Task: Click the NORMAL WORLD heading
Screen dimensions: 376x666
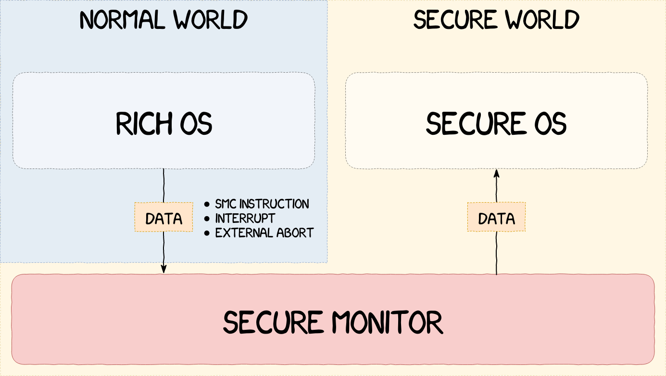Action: click(163, 20)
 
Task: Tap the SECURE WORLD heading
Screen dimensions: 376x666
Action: click(496, 20)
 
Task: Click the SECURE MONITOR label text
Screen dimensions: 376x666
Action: click(333, 323)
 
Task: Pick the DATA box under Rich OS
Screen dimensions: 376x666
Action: click(164, 219)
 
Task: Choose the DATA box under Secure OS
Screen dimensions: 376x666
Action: click(496, 219)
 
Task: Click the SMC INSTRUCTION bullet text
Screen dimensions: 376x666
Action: click(262, 204)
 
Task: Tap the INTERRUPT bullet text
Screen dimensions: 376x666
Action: click(245, 219)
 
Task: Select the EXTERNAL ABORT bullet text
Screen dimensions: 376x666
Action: click(264, 233)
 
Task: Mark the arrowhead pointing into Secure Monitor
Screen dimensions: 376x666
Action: click(163, 269)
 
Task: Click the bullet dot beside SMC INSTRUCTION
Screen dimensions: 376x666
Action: click(207, 205)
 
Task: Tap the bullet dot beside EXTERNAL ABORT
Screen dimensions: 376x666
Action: click(207, 233)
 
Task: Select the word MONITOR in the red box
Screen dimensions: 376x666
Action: click(388, 323)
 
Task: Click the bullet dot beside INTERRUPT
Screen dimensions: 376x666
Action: click(207, 219)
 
